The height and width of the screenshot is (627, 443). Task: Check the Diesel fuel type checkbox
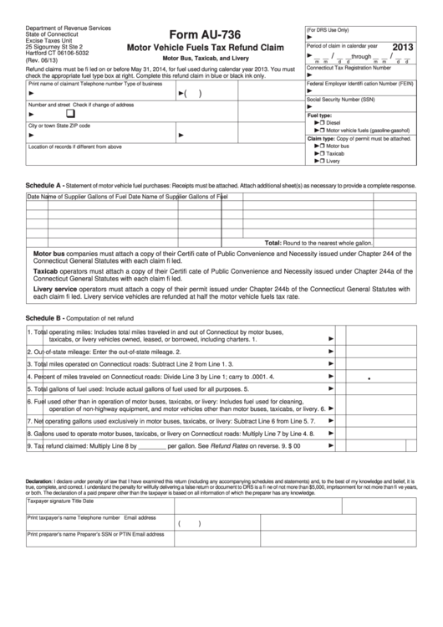[x=320, y=122]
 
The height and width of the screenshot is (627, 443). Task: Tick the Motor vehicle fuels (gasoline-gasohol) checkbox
[x=320, y=131]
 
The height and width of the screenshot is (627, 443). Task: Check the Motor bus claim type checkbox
[x=320, y=146]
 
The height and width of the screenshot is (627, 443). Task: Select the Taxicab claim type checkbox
[x=320, y=153]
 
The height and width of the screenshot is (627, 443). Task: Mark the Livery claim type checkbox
[x=320, y=161]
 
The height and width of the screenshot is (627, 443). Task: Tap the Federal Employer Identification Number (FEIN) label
[x=359, y=85]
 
